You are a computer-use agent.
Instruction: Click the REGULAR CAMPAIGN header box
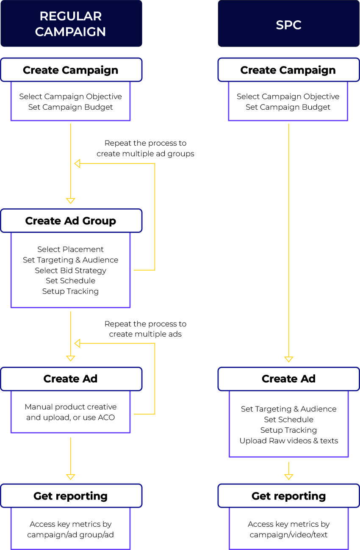tap(71, 24)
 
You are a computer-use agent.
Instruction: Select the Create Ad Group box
tap(71, 221)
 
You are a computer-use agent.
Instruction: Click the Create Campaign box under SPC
tap(288, 70)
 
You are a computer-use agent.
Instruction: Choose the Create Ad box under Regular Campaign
tap(71, 379)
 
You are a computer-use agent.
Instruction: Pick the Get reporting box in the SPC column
tap(288, 496)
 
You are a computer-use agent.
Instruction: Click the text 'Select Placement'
tap(70, 249)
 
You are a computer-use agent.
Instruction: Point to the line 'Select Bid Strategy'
tap(70, 270)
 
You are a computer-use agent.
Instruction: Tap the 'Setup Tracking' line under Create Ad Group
tap(70, 291)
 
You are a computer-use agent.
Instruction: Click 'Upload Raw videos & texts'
tap(288, 441)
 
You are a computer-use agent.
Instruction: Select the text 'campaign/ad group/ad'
tap(70, 535)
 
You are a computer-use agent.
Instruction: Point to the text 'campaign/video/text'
tap(288, 535)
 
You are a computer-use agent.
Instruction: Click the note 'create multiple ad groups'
tap(145, 154)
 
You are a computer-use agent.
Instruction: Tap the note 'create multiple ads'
tap(145, 334)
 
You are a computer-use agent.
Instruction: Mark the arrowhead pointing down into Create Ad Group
tap(71, 201)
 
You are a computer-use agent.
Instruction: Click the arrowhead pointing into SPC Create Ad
tap(288, 359)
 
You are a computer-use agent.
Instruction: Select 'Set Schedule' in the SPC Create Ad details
tap(288, 420)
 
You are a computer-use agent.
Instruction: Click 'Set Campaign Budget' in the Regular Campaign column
tap(70, 107)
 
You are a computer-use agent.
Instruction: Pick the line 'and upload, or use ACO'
tap(70, 417)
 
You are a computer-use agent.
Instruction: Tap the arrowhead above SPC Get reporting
tap(288, 477)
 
